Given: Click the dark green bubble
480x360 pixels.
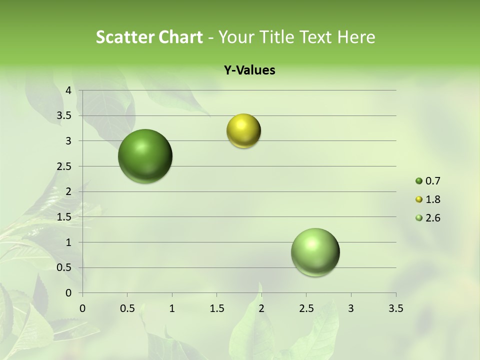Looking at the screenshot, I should coord(145,156).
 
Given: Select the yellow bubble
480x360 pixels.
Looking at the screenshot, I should coord(243,131).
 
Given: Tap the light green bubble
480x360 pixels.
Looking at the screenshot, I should coord(315,252).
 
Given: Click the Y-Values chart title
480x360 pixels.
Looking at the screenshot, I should coord(249,70).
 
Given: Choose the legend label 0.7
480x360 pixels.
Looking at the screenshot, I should coord(433,181).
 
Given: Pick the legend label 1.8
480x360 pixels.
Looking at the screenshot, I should coord(433,199).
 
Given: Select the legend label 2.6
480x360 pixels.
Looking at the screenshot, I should coord(433,218).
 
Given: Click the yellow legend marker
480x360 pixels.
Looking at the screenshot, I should coord(419,199).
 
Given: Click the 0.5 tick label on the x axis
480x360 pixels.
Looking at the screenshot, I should coord(127,308).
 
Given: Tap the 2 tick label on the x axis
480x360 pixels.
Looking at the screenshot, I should coord(261,308).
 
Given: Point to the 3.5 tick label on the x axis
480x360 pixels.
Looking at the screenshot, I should coord(395,308).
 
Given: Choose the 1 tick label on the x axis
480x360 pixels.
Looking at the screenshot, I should coord(172,308).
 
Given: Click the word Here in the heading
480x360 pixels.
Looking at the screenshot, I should coord(356,37).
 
